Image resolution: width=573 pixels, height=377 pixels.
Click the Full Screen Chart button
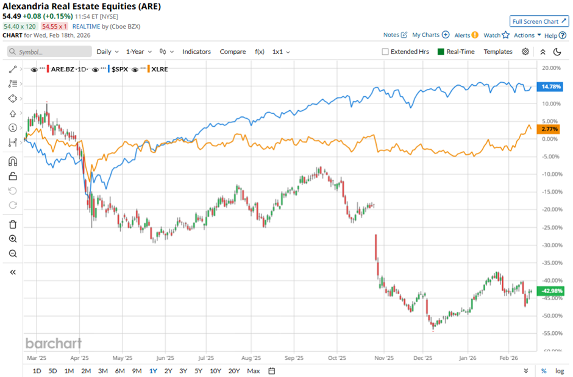539,21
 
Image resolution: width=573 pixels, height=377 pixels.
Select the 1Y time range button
153,371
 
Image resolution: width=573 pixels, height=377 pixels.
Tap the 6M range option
119,371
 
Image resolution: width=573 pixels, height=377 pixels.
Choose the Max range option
254,371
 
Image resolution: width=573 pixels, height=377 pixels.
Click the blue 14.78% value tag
550,86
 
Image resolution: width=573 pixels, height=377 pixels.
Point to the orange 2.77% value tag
550,130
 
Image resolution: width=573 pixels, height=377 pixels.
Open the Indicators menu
196,52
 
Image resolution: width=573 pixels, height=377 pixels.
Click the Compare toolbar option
232,52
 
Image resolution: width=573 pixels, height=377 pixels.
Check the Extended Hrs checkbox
385,52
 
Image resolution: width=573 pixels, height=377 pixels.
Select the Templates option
497,52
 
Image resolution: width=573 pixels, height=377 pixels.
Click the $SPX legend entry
119,69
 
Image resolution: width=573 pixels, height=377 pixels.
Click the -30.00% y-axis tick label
552,245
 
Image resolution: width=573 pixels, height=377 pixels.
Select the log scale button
560,371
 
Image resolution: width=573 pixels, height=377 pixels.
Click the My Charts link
426,35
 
